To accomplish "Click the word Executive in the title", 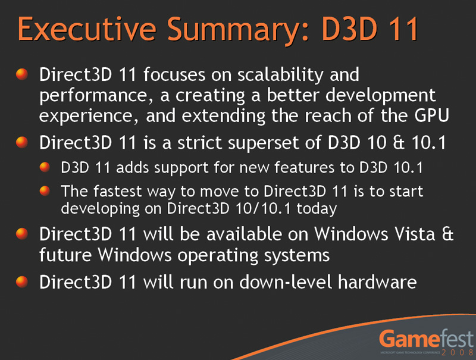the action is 87,29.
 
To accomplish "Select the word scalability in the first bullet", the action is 280,75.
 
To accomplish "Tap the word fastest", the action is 117,191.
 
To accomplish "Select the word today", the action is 317,209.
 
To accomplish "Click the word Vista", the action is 415,234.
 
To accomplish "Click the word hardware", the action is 377,281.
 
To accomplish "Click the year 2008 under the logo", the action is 457,352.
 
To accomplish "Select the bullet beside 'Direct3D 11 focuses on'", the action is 22,74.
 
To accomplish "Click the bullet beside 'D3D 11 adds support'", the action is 45,167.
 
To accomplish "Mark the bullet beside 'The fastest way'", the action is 45,190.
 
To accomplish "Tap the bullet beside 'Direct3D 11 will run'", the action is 22,281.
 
